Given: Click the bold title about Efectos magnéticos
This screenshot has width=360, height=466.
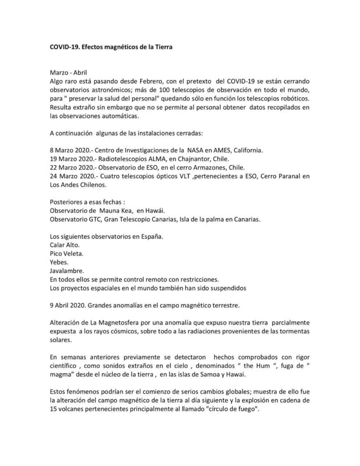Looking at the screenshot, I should [111, 47].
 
